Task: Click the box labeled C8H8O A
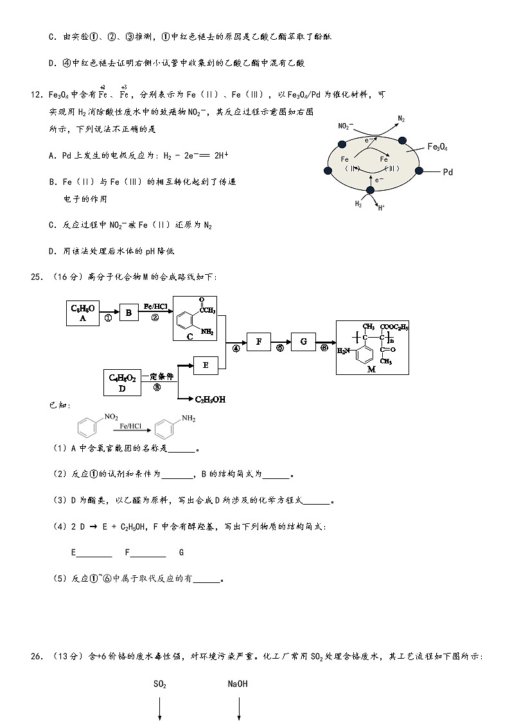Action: click(83, 313)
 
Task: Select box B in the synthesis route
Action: click(128, 313)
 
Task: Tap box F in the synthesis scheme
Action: click(258, 342)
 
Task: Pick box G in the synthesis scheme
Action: click(303, 342)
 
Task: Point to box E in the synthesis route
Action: click(206, 365)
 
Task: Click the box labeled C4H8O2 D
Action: click(122, 382)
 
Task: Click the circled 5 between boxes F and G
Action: click(280, 349)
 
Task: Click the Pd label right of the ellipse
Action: click(448, 172)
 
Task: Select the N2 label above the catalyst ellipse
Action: click(401, 119)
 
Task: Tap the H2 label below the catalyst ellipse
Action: click(358, 204)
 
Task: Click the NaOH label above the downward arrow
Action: click(238, 684)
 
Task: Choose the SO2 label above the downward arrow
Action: click(160, 684)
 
